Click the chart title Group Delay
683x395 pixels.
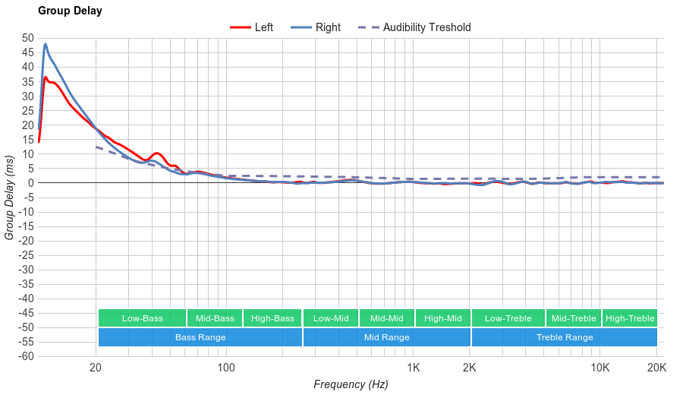point(70,11)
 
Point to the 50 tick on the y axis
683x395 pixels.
point(28,38)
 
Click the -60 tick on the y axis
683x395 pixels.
point(25,356)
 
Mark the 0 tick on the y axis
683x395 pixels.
point(31,183)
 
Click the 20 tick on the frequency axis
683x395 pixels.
point(96,368)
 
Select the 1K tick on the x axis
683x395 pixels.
point(413,368)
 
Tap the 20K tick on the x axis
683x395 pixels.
point(657,368)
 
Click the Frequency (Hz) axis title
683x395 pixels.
point(351,384)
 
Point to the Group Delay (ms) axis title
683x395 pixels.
point(10,197)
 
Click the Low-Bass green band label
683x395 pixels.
point(142,318)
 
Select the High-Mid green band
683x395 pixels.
point(443,318)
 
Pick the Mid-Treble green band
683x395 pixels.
point(574,318)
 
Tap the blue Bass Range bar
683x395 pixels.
point(200,337)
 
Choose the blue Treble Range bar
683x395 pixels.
point(565,337)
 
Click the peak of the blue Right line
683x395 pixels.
point(46,44)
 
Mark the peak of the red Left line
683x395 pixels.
point(46,77)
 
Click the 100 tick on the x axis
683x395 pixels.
point(226,368)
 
